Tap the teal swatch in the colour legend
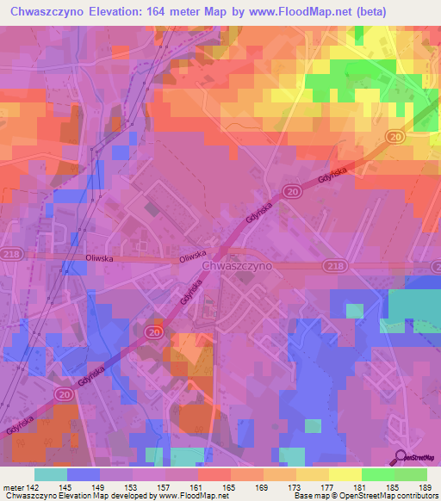click(x=51, y=474)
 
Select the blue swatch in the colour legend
click(x=84, y=474)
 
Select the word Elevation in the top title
click(x=135, y=12)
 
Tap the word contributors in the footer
click(x=413, y=497)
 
